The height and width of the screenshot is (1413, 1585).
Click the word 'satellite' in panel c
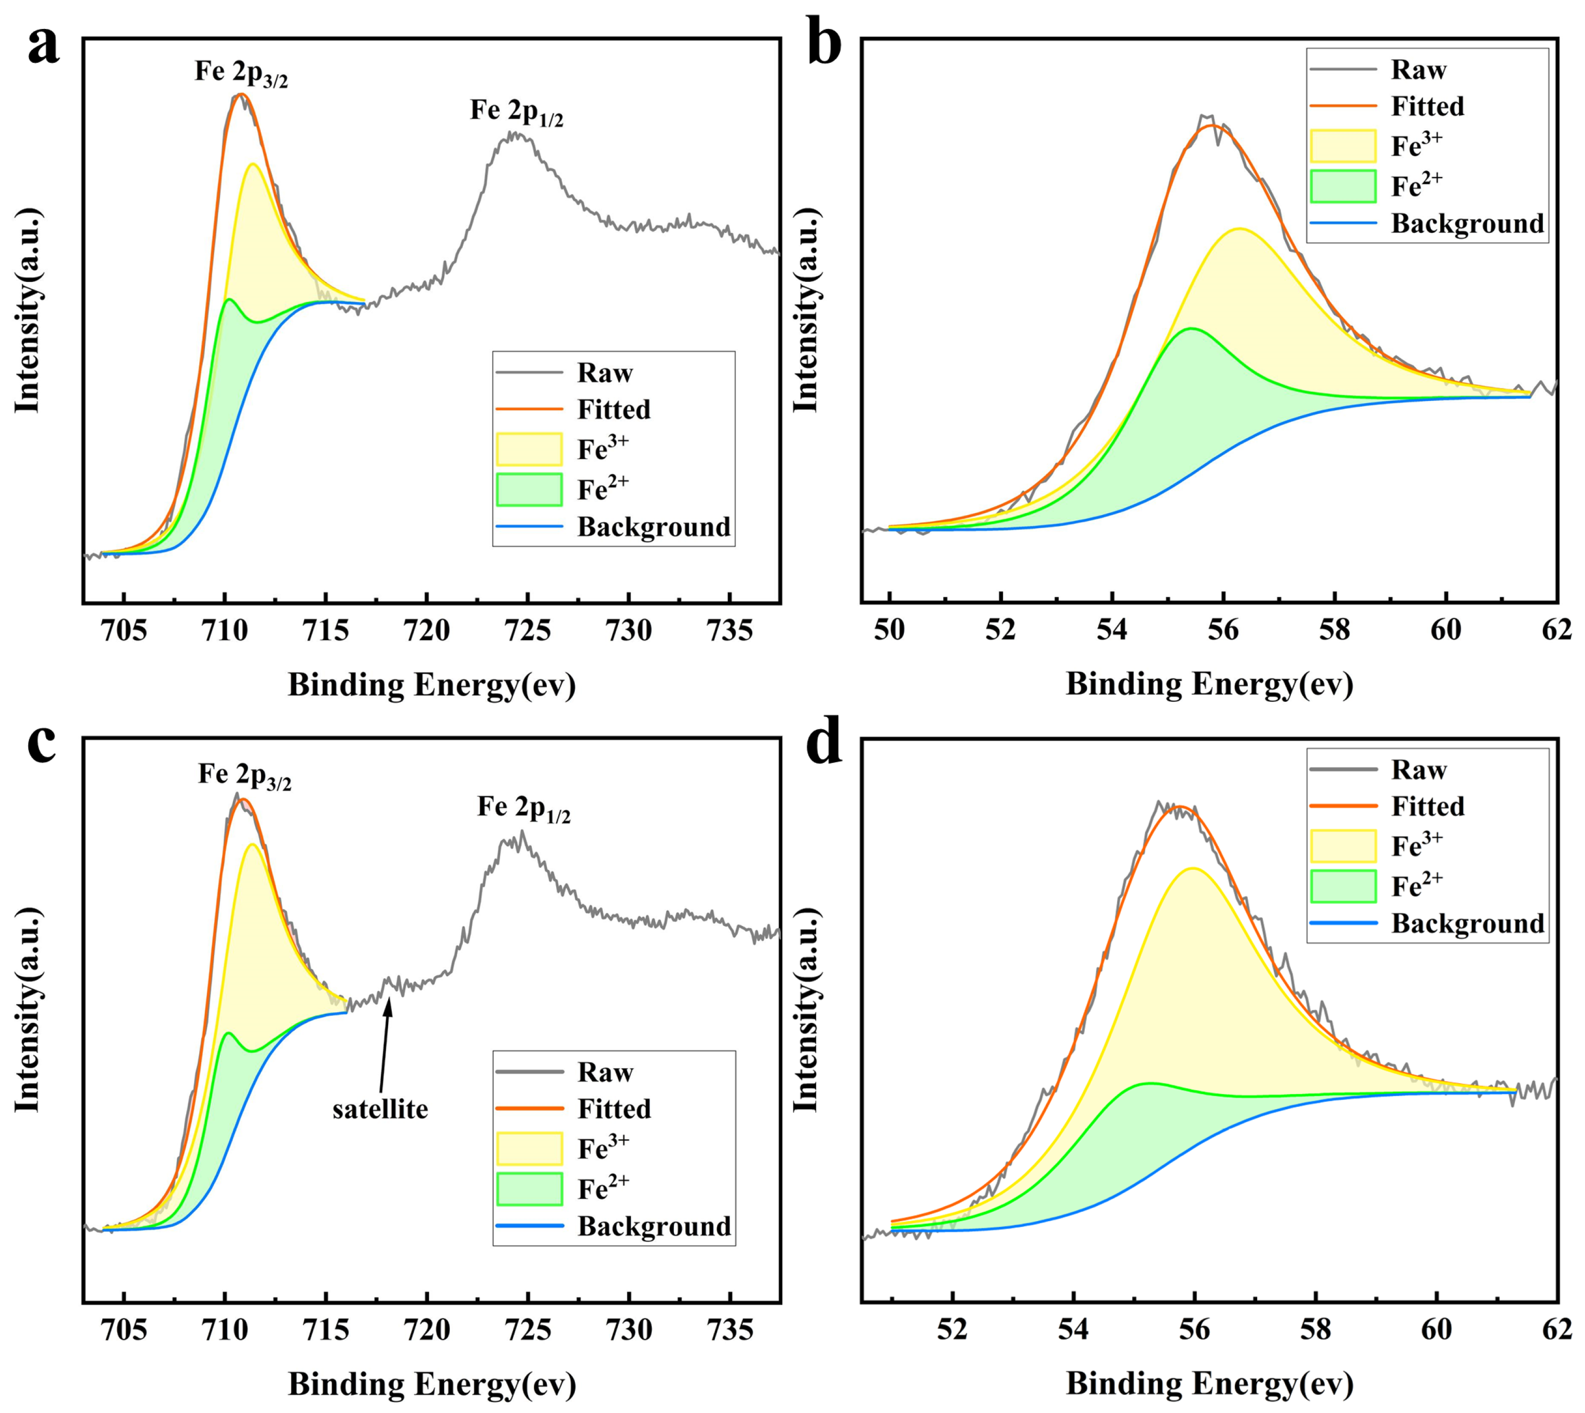coord(380,1109)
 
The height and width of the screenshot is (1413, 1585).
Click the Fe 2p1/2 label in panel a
coord(516,113)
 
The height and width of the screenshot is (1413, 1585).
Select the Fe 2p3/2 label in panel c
coord(244,775)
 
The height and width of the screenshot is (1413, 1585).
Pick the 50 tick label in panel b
coord(889,630)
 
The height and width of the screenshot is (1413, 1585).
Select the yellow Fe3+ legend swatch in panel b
coord(1343,146)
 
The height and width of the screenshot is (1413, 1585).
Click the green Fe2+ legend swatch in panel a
coord(529,489)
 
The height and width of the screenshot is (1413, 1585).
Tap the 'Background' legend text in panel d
coord(1467,923)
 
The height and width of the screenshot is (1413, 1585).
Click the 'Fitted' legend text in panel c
coord(613,1108)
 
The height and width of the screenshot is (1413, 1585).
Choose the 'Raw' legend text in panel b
coord(1418,70)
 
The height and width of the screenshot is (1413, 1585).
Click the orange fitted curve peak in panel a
coord(242,95)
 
